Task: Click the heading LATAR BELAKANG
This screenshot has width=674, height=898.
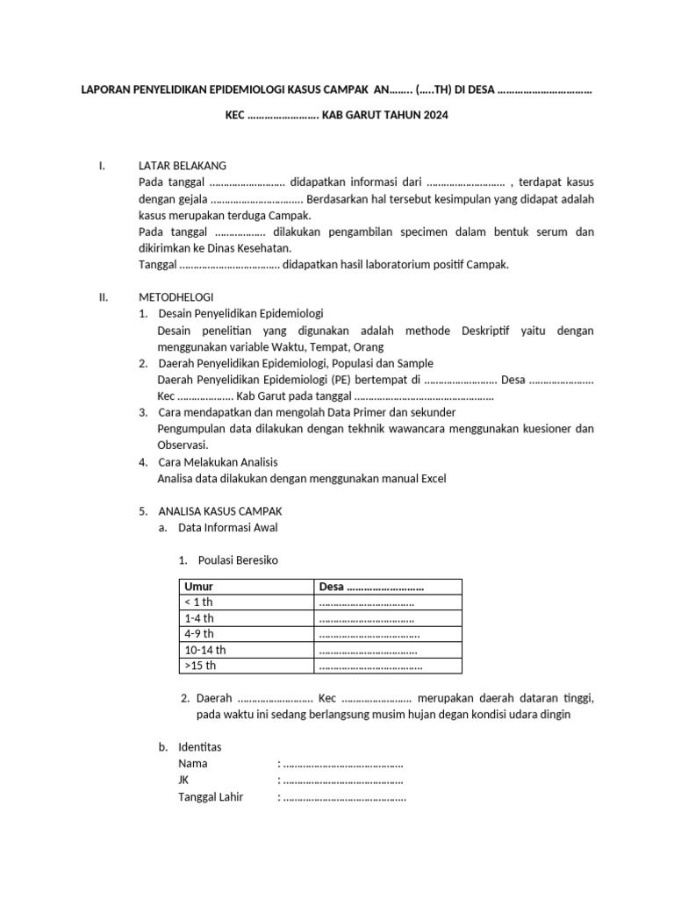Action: coord(183,165)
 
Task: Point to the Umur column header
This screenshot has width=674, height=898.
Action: coord(199,587)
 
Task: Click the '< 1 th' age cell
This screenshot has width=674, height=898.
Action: coord(198,602)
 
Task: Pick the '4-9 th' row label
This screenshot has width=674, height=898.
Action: coord(198,634)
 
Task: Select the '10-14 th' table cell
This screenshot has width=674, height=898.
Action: coord(204,650)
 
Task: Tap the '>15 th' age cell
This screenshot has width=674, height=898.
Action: coord(201,666)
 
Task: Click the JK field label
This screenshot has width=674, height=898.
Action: coord(183,780)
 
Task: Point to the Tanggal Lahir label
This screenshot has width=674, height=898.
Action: coord(211,797)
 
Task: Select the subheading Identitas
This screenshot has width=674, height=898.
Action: coord(200,746)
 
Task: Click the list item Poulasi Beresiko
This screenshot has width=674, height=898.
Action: coord(238,560)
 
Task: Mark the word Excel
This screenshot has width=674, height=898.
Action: coord(433,478)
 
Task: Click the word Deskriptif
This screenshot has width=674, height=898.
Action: coord(489,331)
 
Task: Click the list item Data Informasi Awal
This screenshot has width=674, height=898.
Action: coord(228,527)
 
